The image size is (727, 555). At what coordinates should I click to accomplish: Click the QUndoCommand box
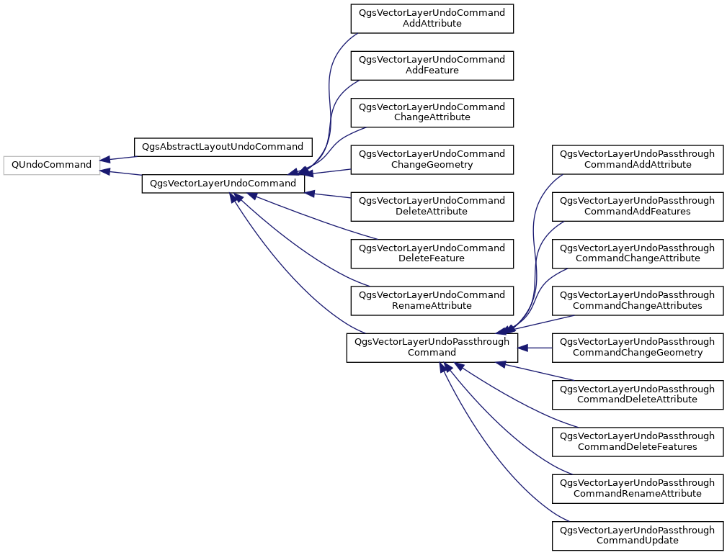51,165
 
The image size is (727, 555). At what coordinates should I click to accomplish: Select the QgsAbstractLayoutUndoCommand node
223,147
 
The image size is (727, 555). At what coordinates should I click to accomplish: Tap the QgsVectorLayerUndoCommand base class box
223,184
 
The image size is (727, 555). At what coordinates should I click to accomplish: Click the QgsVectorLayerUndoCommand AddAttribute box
432,19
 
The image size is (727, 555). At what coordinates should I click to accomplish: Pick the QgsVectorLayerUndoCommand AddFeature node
432,66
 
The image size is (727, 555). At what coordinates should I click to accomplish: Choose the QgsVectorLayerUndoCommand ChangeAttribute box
432,112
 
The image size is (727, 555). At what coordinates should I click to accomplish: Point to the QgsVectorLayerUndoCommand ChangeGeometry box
432,159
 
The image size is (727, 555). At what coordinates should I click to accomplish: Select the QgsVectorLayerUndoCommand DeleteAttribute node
432,206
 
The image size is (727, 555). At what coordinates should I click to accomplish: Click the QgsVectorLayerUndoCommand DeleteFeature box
432,253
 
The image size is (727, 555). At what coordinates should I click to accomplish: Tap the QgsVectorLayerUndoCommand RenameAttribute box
432,300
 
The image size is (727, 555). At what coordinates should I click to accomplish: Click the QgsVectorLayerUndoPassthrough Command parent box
432,347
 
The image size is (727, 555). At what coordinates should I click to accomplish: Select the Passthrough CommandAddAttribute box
637,159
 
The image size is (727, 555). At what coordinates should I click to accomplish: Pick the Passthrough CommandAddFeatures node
637,206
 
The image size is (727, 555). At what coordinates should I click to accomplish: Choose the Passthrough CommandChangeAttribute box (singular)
637,253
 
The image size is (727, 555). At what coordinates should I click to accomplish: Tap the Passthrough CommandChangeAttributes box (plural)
637,300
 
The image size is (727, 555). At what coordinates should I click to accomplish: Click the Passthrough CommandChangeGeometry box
637,347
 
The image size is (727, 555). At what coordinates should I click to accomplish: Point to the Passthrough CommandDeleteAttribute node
637,394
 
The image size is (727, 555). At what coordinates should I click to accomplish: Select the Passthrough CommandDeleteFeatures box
637,441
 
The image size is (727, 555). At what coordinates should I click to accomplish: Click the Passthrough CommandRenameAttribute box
637,487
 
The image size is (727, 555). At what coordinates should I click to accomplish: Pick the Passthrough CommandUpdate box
637,534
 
